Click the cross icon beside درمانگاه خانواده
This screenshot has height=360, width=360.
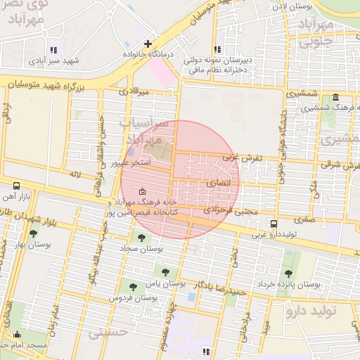click(148, 44)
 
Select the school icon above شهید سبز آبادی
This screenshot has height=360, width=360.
click(53, 50)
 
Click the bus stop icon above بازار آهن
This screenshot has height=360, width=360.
click(16, 186)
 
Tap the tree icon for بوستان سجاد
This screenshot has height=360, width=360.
click(143, 238)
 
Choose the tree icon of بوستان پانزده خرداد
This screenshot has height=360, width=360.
click(288, 274)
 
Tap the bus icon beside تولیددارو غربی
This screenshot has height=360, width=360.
click(274, 224)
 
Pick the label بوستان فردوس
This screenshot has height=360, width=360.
click(131, 298)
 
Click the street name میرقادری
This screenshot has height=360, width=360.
click(134, 92)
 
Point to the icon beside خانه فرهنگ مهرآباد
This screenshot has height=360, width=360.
click(143, 192)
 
